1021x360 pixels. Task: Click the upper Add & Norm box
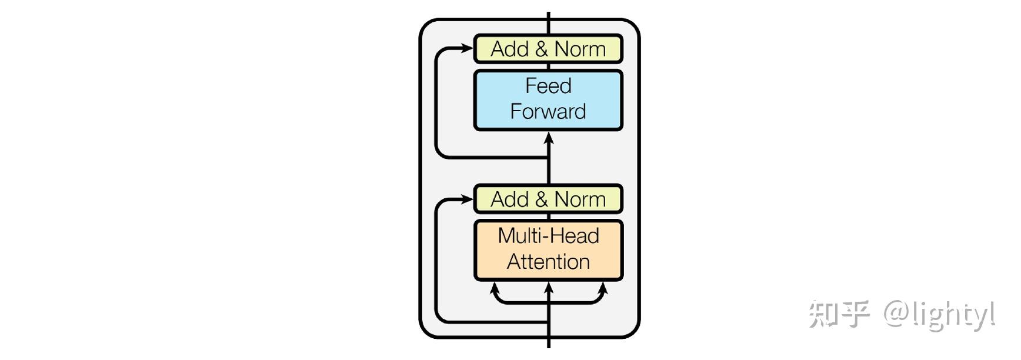(x=548, y=49)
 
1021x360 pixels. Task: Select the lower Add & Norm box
(x=548, y=199)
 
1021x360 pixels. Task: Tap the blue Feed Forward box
(x=548, y=100)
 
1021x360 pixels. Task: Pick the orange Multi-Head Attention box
(x=548, y=250)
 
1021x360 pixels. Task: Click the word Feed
(x=548, y=86)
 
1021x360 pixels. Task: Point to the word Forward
(x=548, y=111)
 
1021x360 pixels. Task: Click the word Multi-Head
(x=548, y=236)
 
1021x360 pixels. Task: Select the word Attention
(x=548, y=262)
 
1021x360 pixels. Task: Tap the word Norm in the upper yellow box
(x=580, y=49)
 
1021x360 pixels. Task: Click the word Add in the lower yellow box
(x=510, y=199)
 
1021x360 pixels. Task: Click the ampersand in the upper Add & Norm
(x=541, y=49)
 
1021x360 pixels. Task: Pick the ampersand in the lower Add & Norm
(x=541, y=199)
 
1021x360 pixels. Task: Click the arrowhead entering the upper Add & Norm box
(x=468, y=49)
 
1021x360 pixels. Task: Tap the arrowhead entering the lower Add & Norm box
(x=468, y=199)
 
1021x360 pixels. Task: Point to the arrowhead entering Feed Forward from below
(x=549, y=138)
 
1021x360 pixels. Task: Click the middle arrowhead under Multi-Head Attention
(x=549, y=288)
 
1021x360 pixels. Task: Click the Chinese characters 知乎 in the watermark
(x=839, y=314)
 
